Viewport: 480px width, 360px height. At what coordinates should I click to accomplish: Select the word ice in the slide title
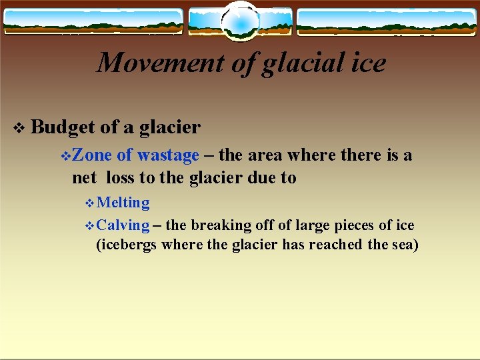[369, 63]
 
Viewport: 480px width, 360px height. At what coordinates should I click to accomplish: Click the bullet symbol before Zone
[65, 156]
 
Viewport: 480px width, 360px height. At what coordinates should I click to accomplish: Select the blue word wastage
[168, 156]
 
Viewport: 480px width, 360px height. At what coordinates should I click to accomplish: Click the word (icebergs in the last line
[127, 245]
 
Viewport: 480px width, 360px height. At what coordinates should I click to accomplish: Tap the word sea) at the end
[404, 245]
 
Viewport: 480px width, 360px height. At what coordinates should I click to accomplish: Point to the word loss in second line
[119, 178]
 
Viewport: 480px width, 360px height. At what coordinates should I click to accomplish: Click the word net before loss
[84, 179]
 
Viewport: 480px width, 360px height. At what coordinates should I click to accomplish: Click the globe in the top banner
[239, 21]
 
